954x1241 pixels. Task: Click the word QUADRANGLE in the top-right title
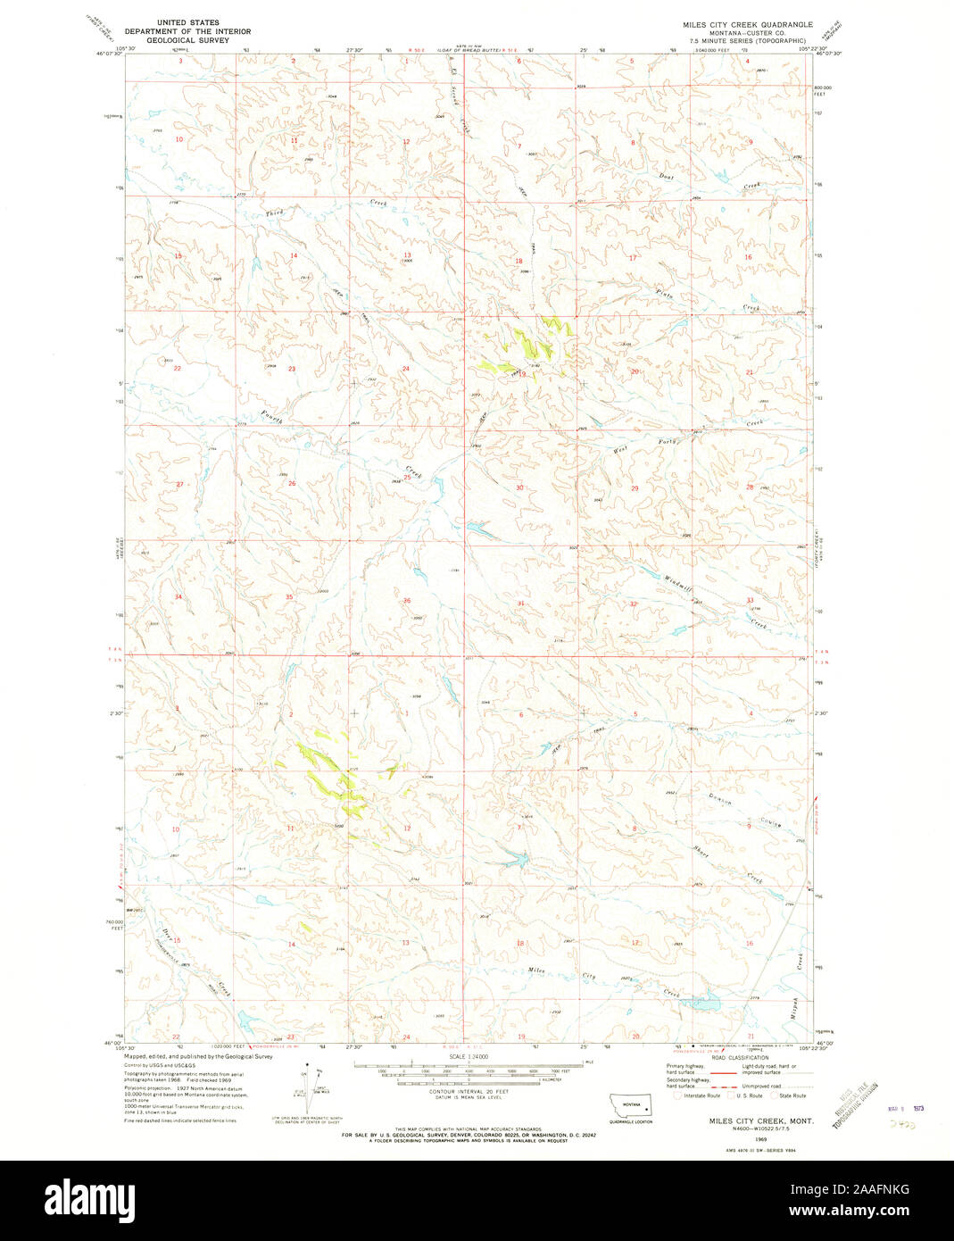pyautogui.click(x=784, y=24)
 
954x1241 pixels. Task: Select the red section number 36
pyautogui.click(x=407, y=601)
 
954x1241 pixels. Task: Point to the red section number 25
pyautogui.click(x=407, y=478)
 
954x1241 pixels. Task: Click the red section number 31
pyautogui.click(x=520, y=604)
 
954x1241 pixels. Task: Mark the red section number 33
pyautogui.click(x=750, y=600)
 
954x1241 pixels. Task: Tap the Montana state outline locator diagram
pyautogui.click(x=630, y=1104)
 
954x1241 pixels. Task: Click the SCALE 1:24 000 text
pyautogui.click(x=469, y=1056)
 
